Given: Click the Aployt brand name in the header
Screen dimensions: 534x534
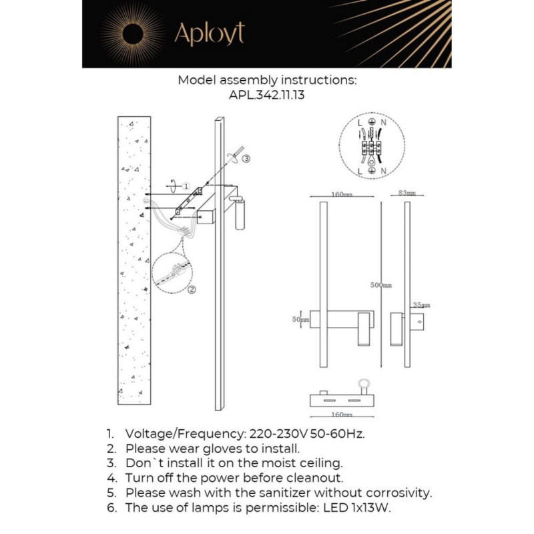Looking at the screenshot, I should pyautogui.click(x=210, y=33).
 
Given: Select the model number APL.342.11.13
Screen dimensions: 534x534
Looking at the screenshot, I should pyautogui.click(x=267, y=95).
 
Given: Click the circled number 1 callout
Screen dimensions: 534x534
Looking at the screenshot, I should pyautogui.click(x=186, y=185).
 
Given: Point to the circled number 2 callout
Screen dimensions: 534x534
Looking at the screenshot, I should pyautogui.click(x=192, y=290).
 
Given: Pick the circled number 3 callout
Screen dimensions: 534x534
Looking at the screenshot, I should pyautogui.click(x=246, y=159).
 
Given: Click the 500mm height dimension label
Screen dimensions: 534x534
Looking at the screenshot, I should pyautogui.click(x=381, y=285).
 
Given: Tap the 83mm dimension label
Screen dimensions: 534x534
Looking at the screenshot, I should pyautogui.click(x=407, y=193).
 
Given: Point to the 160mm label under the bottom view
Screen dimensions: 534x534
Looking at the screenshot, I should pyautogui.click(x=341, y=414).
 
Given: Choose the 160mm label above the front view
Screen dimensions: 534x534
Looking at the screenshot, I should pyautogui.click(x=341, y=194).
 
